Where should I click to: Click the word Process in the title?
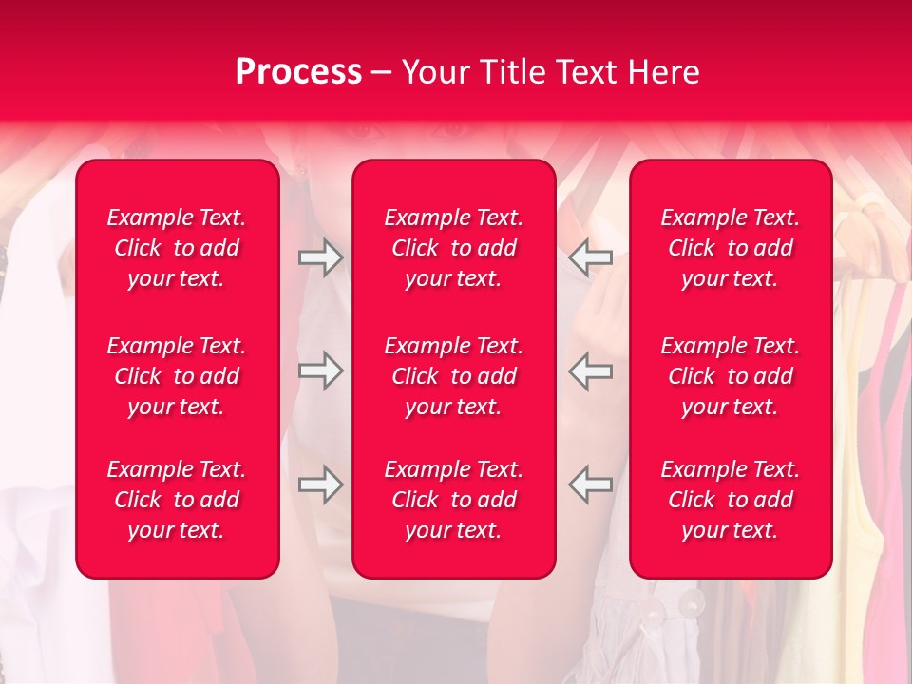pyautogui.click(x=298, y=72)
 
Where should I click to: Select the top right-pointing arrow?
pyautogui.click(x=320, y=257)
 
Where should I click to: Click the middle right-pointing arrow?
pyautogui.click(x=320, y=370)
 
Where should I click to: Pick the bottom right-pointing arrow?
pyautogui.click(x=320, y=484)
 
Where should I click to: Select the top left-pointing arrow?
pyautogui.click(x=591, y=257)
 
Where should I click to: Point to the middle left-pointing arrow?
pyautogui.click(x=591, y=370)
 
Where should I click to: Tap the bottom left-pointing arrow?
pyautogui.click(x=591, y=484)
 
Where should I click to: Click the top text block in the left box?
pyautogui.click(x=177, y=248)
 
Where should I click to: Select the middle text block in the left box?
pyautogui.click(x=177, y=376)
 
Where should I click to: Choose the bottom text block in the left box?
pyautogui.click(x=177, y=500)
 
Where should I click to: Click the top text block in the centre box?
pyautogui.click(x=454, y=248)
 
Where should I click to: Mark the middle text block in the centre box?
pyautogui.click(x=454, y=376)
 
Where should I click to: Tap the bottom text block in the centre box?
pyautogui.click(x=454, y=500)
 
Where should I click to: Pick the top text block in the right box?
pyautogui.click(x=731, y=248)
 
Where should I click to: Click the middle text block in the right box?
pyautogui.click(x=731, y=376)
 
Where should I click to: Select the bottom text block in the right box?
pyautogui.click(x=731, y=500)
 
